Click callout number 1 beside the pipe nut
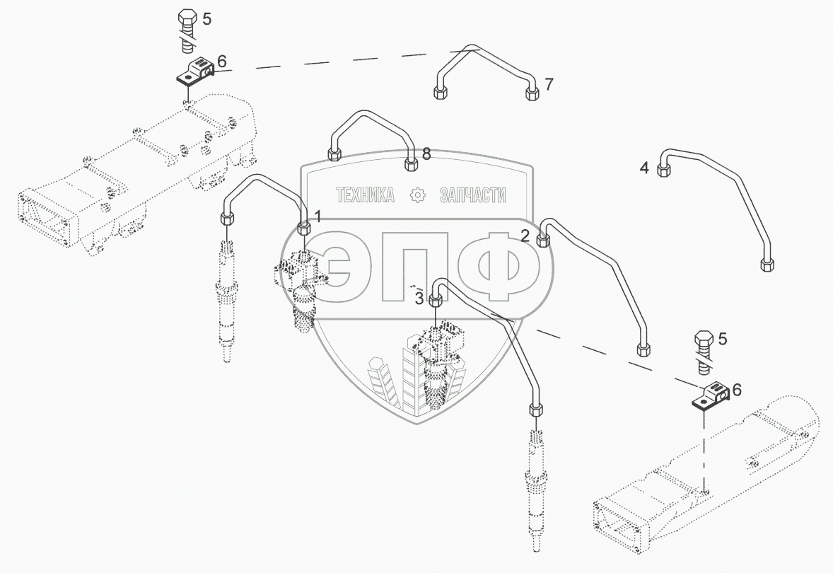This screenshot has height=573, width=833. pyautogui.click(x=318, y=216)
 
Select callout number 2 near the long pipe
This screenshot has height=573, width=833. pyautogui.click(x=525, y=236)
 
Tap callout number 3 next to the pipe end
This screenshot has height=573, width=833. pyautogui.click(x=419, y=299)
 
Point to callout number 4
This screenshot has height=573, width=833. pyautogui.click(x=644, y=168)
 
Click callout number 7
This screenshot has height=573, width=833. pyautogui.click(x=549, y=84)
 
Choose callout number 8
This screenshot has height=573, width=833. pyautogui.click(x=426, y=154)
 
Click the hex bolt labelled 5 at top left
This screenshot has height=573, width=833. pyautogui.click(x=187, y=30)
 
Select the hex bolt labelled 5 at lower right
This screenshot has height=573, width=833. pyautogui.click(x=704, y=352)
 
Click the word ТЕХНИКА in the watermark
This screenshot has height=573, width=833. pyautogui.click(x=366, y=195)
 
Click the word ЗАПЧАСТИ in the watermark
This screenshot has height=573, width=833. pyautogui.click(x=473, y=195)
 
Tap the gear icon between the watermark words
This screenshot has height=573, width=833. pyautogui.click(x=418, y=195)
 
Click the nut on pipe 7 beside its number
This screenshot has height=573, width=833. pyautogui.click(x=532, y=94)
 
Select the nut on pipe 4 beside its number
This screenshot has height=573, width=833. pyautogui.click(x=663, y=170)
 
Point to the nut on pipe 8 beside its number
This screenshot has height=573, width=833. pyautogui.click(x=411, y=163)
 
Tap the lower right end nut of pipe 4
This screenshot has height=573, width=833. pyautogui.click(x=767, y=265)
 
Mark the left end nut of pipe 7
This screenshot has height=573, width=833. pyautogui.click(x=441, y=93)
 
